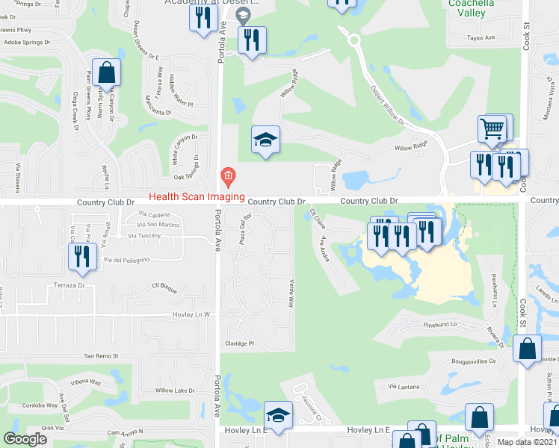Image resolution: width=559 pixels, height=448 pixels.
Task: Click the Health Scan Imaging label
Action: click(197, 197)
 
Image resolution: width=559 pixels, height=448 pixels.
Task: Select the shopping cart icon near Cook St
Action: click(492, 128)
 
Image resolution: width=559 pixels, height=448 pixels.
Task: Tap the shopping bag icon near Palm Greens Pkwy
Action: click(107, 73)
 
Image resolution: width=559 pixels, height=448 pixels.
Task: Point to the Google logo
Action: click(25, 439)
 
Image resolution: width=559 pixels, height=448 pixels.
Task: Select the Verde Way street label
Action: click(291, 293)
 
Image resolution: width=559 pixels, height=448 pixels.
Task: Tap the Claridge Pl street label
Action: click(241, 344)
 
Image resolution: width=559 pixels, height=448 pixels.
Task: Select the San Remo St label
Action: click(102, 355)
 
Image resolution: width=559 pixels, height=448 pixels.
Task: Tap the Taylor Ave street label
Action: click(481, 37)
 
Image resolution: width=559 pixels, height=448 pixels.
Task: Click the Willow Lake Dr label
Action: click(175, 391)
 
